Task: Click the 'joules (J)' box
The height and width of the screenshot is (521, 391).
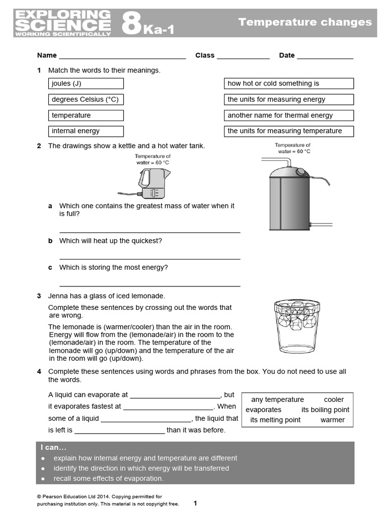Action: [86, 83]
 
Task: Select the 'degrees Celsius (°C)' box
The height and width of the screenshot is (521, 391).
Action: [86, 100]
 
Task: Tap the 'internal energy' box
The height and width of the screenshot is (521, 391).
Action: [86, 131]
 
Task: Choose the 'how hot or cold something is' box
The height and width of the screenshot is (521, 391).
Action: [289, 83]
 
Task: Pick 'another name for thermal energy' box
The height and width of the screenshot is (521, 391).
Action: [289, 115]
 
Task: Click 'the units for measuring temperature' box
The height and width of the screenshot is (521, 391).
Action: [289, 131]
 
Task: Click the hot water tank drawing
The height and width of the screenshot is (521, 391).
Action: [290, 196]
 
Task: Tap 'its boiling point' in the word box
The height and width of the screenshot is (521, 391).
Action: [325, 410]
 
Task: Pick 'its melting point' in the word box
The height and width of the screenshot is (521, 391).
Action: [275, 420]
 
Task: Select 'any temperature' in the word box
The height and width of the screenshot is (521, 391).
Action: [277, 399]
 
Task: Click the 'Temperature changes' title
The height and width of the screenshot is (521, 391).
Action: [305, 22]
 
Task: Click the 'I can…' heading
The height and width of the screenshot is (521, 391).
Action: [53, 448]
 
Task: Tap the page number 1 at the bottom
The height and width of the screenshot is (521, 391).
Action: [195, 503]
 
